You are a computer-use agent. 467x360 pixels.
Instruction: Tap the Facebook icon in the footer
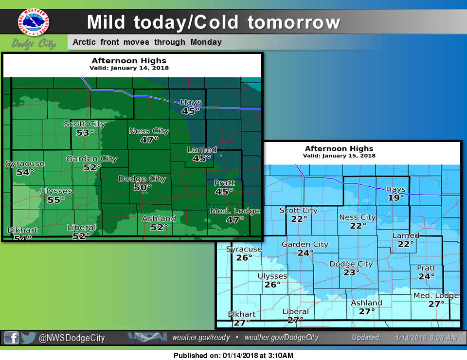(12, 338)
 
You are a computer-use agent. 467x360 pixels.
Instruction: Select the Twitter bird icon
(29, 338)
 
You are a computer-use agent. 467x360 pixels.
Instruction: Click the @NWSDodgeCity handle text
(72, 338)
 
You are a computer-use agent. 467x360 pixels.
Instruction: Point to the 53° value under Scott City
(85, 132)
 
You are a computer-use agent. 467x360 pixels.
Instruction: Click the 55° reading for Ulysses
(56, 199)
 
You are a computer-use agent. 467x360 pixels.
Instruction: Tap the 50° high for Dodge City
(143, 187)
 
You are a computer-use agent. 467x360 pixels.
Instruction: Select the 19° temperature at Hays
(396, 198)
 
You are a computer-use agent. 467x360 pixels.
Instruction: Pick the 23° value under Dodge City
(351, 272)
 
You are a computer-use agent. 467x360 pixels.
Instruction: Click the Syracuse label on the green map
(25, 163)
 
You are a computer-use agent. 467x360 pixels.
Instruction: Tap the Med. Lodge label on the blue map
(436, 296)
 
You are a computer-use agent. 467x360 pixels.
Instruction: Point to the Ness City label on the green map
(149, 131)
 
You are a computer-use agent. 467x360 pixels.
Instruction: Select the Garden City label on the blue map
(305, 244)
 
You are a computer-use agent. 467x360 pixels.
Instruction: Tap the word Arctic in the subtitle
(85, 42)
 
